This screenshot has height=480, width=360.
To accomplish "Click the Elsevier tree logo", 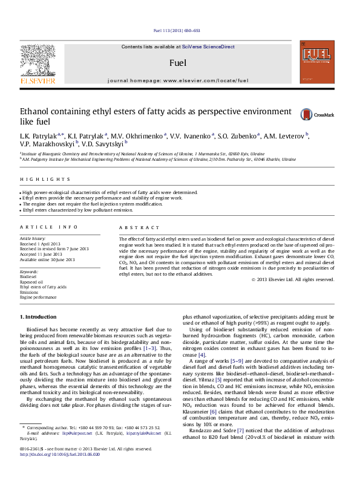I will click(x=38, y=60).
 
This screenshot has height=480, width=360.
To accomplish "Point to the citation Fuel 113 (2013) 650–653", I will click(x=179, y=31).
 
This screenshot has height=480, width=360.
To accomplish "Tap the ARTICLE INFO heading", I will click(x=49, y=227).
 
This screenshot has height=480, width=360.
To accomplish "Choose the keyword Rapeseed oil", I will click(x=31, y=282).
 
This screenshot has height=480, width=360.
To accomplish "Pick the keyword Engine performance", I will click(x=42, y=298).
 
